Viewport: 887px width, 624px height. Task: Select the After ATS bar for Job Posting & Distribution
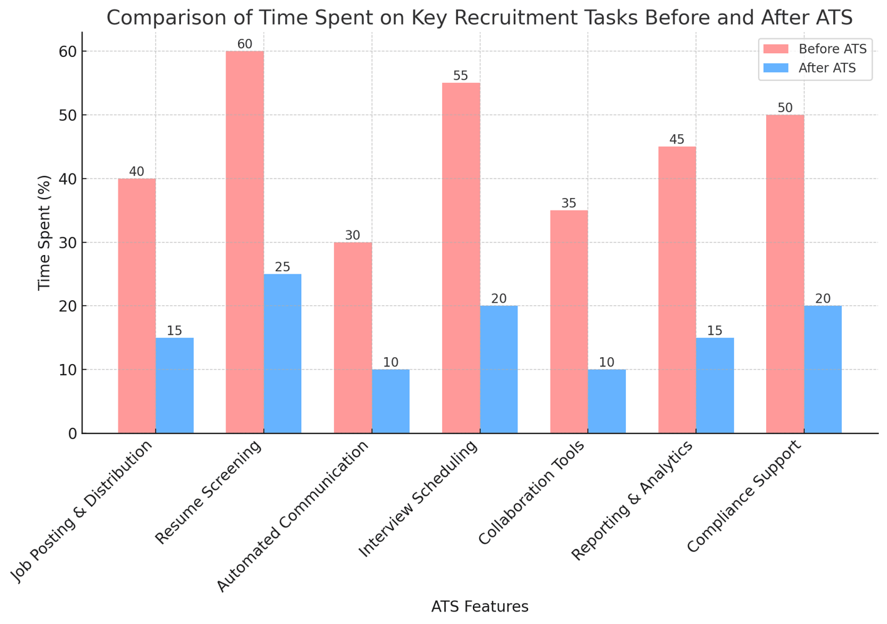point(175,385)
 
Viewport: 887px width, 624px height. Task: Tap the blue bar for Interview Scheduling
point(499,370)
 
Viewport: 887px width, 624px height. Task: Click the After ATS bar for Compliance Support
point(822,370)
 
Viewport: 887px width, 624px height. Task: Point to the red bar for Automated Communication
point(353,338)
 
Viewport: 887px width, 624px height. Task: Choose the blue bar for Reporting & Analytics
point(715,385)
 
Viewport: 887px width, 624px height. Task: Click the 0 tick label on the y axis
point(72,434)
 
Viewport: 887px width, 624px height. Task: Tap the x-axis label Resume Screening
point(209,492)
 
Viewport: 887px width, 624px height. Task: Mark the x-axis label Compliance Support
point(744,497)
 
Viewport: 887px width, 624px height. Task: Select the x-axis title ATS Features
point(480,606)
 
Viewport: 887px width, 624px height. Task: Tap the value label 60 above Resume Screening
point(244,44)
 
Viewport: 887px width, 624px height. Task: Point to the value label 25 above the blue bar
point(283,267)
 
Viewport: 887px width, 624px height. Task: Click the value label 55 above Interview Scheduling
point(460,76)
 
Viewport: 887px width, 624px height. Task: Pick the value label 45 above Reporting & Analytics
point(677,140)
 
